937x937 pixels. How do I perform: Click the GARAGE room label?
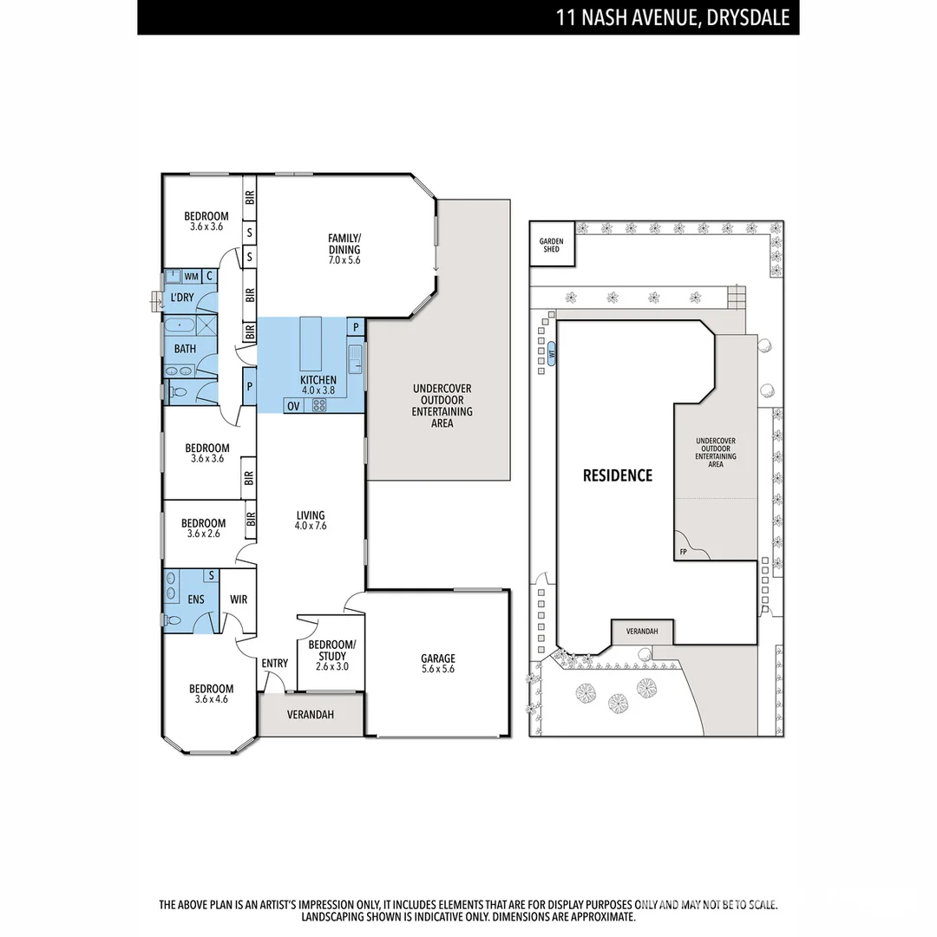point(437,659)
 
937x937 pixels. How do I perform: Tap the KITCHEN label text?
point(318,381)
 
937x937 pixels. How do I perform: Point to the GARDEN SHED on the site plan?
point(552,246)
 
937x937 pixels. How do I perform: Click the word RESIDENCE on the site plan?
point(617,475)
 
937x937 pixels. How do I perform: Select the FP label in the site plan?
point(684,551)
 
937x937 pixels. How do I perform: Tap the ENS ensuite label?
point(195,599)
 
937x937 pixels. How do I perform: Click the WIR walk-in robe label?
point(239,599)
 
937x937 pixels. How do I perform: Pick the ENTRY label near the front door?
point(275,664)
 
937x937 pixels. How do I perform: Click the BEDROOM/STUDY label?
point(331,650)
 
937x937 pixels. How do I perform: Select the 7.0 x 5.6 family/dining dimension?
point(344,259)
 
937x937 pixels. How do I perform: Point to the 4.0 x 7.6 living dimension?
point(310,526)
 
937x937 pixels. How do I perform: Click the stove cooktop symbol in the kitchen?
point(319,404)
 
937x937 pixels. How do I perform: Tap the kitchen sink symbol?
point(356,356)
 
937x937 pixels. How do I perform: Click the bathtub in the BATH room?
point(181,327)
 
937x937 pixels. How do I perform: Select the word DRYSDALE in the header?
point(750,17)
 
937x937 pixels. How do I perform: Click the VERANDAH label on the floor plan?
point(311,716)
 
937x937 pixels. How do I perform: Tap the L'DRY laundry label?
point(182,298)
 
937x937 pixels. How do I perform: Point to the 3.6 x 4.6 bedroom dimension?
point(211,699)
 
